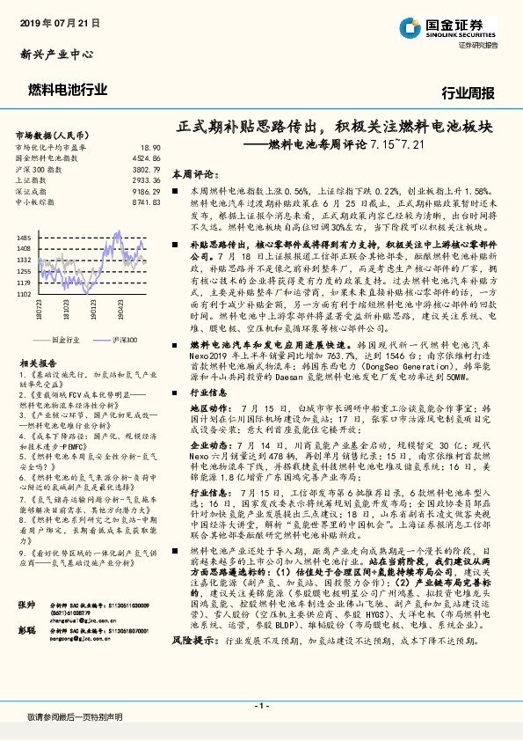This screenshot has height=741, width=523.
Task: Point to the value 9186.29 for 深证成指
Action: click(147, 191)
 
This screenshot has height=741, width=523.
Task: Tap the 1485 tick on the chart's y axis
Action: click(24, 238)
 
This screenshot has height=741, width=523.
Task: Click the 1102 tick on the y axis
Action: click(24, 294)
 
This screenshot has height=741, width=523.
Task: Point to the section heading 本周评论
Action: click(193, 175)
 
